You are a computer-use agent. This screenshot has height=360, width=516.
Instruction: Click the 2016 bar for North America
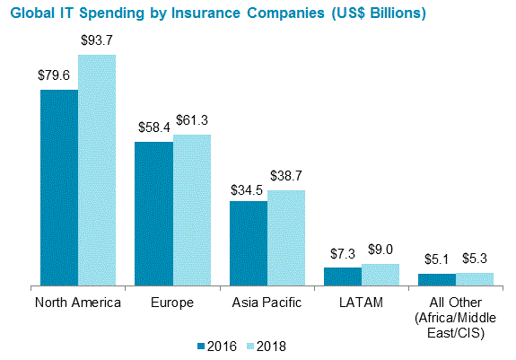point(58,188)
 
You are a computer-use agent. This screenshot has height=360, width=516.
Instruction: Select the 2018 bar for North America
point(97,171)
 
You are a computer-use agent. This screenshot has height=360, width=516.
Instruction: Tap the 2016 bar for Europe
point(153,214)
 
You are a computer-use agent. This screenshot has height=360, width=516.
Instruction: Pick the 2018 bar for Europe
point(192,210)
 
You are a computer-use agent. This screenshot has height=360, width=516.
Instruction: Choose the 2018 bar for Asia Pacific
point(286,238)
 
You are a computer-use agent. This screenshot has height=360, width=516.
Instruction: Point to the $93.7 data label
point(97,42)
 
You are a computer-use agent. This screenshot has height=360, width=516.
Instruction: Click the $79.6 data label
point(56,77)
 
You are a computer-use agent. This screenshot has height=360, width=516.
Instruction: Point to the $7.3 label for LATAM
point(341,255)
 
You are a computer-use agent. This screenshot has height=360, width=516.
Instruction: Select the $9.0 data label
point(380,250)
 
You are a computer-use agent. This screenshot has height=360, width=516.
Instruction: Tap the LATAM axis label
point(362,303)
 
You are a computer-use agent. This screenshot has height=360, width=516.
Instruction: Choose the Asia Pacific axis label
point(267,303)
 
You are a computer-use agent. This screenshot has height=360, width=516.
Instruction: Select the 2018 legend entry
point(268,345)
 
